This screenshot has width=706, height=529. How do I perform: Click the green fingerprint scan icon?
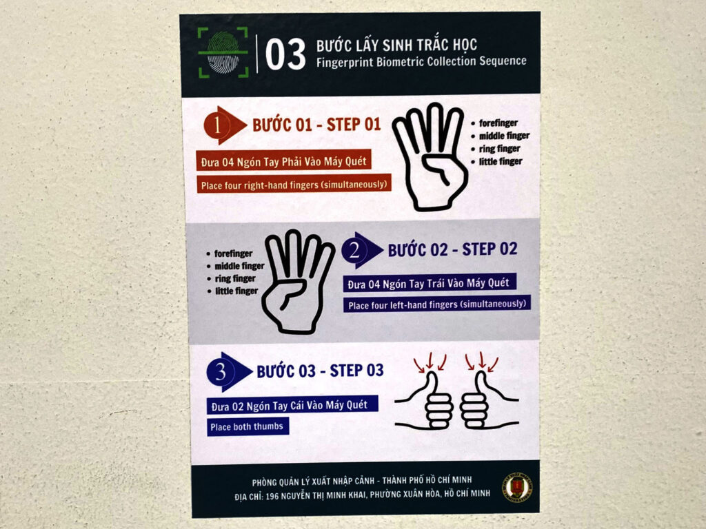click(x=223, y=52)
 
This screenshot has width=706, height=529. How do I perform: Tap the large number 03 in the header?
click(x=285, y=54)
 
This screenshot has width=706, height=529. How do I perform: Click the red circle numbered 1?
click(x=217, y=125)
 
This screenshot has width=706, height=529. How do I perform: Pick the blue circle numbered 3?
click(x=221, y=372)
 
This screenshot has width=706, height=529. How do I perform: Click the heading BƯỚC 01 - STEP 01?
click(x=316, y=125)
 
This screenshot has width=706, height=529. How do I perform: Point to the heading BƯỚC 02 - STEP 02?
click(x=452, y=249)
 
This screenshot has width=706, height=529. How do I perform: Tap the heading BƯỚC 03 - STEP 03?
click(x=320, y=371)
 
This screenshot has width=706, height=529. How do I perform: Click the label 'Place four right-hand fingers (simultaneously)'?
click(x=294, y=185)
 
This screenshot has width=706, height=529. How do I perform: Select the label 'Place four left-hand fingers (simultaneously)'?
click(x=436, y=304)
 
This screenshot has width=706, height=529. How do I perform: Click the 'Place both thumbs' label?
click(x=248, y=426)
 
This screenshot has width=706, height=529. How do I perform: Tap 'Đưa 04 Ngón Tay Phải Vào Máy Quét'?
click(x=283, y=160)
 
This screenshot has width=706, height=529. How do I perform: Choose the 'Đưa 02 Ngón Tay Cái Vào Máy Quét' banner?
click(x=292, y=405)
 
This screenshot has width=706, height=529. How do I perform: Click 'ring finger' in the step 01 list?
click(x=499, y=149)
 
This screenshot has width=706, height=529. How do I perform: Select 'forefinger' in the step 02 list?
click(x=233, y=253)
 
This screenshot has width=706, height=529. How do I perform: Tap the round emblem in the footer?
click(x=517, y=488)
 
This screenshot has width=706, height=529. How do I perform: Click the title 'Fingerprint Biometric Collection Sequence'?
click(x=421, y=61)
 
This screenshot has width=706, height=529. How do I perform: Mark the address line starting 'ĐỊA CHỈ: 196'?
click(x=363, y=495)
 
